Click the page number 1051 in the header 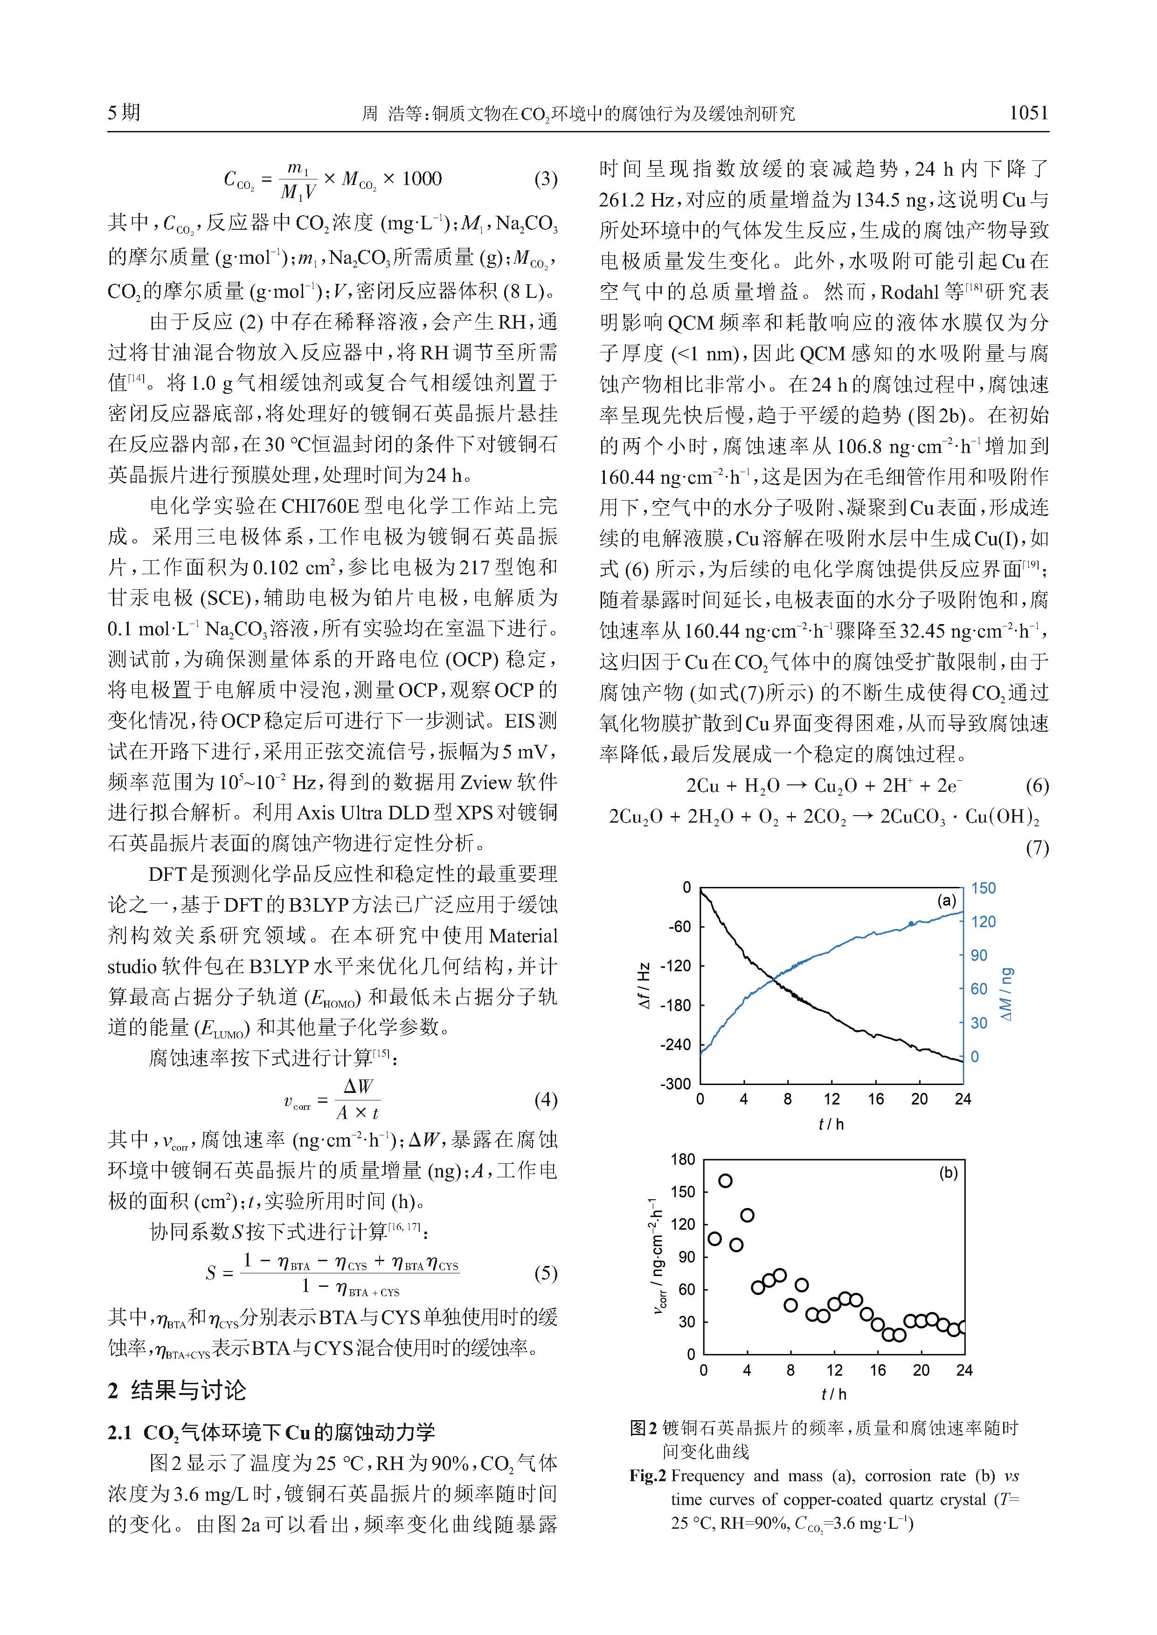pos(1028,112)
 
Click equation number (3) pos(545,179)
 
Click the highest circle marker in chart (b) pos(725,1181)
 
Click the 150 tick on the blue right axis pos(983,888)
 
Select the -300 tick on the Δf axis pos(676,1084)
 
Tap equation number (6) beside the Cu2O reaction pos(1037,786)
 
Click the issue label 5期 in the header pos(124,112)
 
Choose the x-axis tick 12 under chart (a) pos(831,1099)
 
